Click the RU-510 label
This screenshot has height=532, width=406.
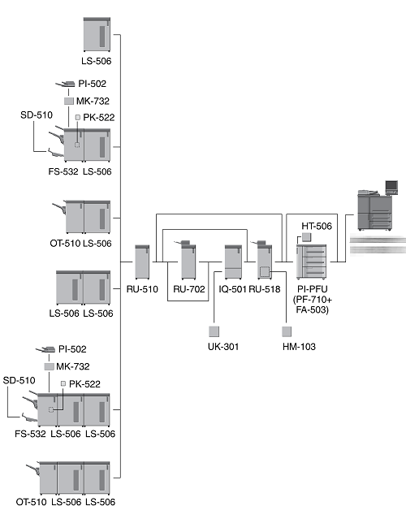pyautogui.click(x=142, y=289)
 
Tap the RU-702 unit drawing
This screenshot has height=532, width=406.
pyautogui.click(x=187, y=259)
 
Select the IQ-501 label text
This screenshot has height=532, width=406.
pyautogui.click(x=232, y=289)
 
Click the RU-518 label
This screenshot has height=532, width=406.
pyautogui.click(x=265, y=289)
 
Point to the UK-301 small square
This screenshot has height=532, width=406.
pyautogui.click(x=214, y=331)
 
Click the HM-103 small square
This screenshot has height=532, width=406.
pyautogui.click(x=287, y=331)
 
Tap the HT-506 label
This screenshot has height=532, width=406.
pyautogui.click(x=317, y=226)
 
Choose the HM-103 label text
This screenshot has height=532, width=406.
pyautogui.click(x=299, y=347)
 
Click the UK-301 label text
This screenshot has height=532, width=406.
pyautogui.click(x=223, y=347)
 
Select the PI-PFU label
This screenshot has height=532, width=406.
pyautogui.click(x=313, y=289)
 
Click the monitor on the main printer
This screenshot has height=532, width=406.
pyautogui.click(x=391, y=187)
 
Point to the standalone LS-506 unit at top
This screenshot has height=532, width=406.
pyautogui.click(x=97, y=35)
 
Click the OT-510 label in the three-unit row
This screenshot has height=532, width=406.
pyautogui.click(x=31, y=502)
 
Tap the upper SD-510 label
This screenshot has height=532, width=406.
pyautogui.click(x=37, y=115)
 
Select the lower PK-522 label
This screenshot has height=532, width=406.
pyautogui.click(x=84, y=384)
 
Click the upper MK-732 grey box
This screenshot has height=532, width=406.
pyautogui.click(x=69, y=101)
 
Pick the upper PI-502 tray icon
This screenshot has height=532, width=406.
pyautogui.click(x=66, y=84)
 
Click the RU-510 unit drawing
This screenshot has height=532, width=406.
pyautogui.click(x=142, y=262)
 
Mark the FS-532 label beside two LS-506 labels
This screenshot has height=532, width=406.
pyautogui.click(x=30, y=434)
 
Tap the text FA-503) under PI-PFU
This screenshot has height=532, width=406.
pyautogui.click(x=313, y=309)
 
